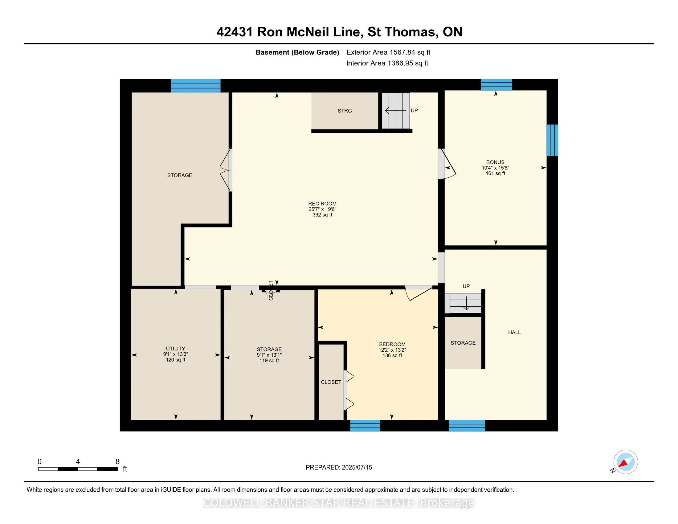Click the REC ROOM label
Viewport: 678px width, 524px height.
click(x=322, y=204)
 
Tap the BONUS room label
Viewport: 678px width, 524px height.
click(x=495, y=162)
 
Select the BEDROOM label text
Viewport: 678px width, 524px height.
click(x=392, y=344)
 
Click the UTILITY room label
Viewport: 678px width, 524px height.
click(x=175, y=349)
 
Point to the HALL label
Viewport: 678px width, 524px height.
click(x=514, y=333)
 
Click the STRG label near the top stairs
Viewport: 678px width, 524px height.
click(x=345, y=111)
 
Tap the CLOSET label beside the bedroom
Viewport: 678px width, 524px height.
click(x=331, y=382)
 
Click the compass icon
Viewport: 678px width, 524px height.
click(x=625, y=462)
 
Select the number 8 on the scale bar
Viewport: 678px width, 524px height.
click(x=117, y=462)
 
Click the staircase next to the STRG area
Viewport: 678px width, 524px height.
click(x=395, y=111)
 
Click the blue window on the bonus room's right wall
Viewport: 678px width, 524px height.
click(x=552, y=140)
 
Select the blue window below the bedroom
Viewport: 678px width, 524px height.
click(x=365, y=426)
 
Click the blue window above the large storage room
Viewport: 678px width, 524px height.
click(x=196, y=86)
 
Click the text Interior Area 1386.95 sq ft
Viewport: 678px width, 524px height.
click(x=387, y=63)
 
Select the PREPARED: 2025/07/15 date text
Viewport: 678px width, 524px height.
click(x=339, y=468)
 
